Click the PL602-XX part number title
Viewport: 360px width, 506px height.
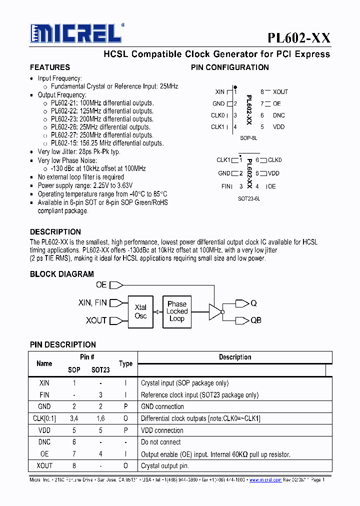(298, 38)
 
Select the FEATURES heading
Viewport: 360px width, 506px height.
(50, 67)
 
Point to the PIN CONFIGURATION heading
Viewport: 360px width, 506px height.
(230, 67)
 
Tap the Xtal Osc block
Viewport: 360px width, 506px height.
(140, 311)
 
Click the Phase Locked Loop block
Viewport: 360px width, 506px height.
(177, 311)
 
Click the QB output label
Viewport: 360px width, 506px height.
(255, 320)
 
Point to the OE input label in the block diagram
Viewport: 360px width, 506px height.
(101, 285)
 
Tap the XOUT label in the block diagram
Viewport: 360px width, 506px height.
(96, 320)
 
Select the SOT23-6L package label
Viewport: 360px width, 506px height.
(249, 198)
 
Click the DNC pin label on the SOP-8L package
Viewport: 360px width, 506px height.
(278, 115)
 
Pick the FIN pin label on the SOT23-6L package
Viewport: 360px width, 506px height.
(226, 186)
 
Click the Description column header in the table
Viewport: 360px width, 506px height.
(234, 357)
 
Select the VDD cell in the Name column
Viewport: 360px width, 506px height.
(44, 430)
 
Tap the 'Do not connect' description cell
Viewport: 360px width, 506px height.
(161, 442)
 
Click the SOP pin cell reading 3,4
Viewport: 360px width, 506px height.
(74, 418)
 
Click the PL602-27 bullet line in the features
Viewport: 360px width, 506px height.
(102, 135)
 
